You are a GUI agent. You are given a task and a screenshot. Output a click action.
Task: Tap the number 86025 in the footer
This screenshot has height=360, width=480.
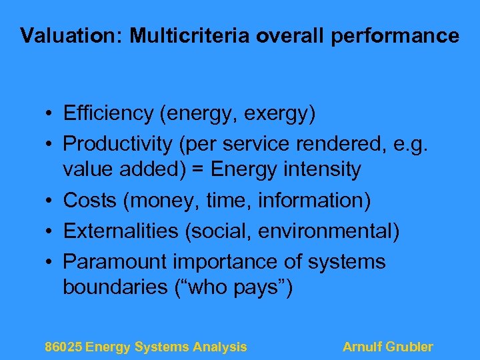coord(63,347)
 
